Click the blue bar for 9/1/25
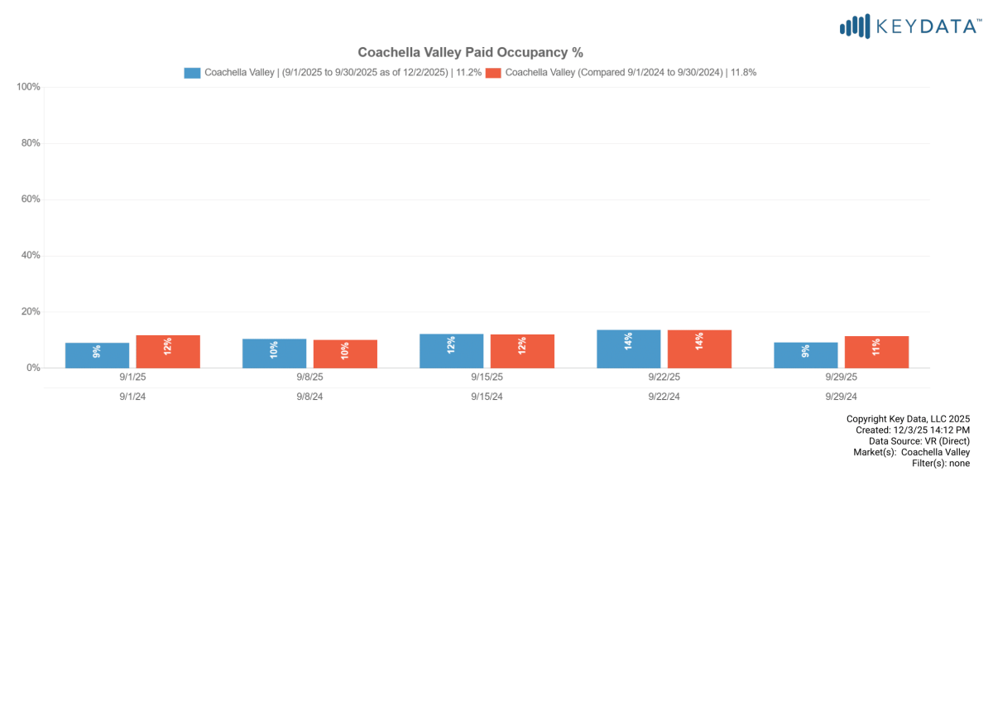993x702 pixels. coord(98,355)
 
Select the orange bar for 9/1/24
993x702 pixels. coord(168,352)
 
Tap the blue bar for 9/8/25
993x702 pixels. coord(274,353)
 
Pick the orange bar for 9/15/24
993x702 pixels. coord(522,351)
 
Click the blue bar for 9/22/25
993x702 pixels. coord(629,349)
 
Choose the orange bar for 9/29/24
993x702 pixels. coord(876,352)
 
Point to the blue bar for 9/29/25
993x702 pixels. coord(806,355)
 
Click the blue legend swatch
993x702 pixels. coord(192,73)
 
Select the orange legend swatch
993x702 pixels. coord(493,73)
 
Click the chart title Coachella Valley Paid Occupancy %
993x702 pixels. coord(470,52)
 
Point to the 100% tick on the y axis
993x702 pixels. coord(29,87)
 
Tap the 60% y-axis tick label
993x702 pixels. coord(30,200)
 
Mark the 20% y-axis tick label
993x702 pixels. coord(30,312)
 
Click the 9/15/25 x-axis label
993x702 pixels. coord(487,377)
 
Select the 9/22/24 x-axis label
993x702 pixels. coord(664,397)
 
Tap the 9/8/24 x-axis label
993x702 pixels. coord(309,397)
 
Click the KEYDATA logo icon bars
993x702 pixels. coord(855,26)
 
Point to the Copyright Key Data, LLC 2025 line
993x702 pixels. coord(908,419)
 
